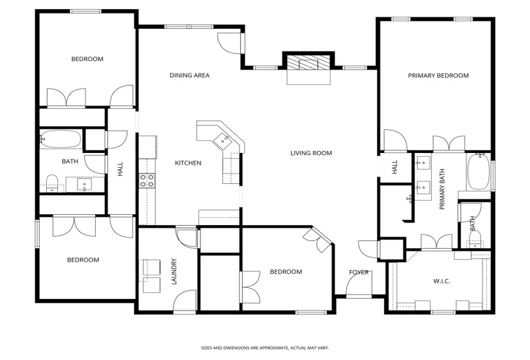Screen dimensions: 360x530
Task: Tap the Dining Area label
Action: (x=190, y=75)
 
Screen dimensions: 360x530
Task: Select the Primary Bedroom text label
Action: (x=438, y=75)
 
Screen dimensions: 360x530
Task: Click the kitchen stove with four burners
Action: (x=147, y=181)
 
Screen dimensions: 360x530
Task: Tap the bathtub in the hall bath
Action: (x=61, y=139)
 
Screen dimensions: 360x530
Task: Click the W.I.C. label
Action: (x=441, y=280)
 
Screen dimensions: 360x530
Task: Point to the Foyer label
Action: (x=358, y=272)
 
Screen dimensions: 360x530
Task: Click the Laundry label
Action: (x=174, y=271)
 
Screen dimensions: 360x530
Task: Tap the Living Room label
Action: (x=311, y=153)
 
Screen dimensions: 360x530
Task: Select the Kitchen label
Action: (x=188, y=163)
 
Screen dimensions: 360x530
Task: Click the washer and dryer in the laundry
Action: (x=152, y=273)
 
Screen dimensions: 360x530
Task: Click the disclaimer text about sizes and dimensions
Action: (x=265, y=348)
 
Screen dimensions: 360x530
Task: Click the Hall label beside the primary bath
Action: (x=395, y=167)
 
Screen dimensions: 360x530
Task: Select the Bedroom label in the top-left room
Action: (x=87, y=59)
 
